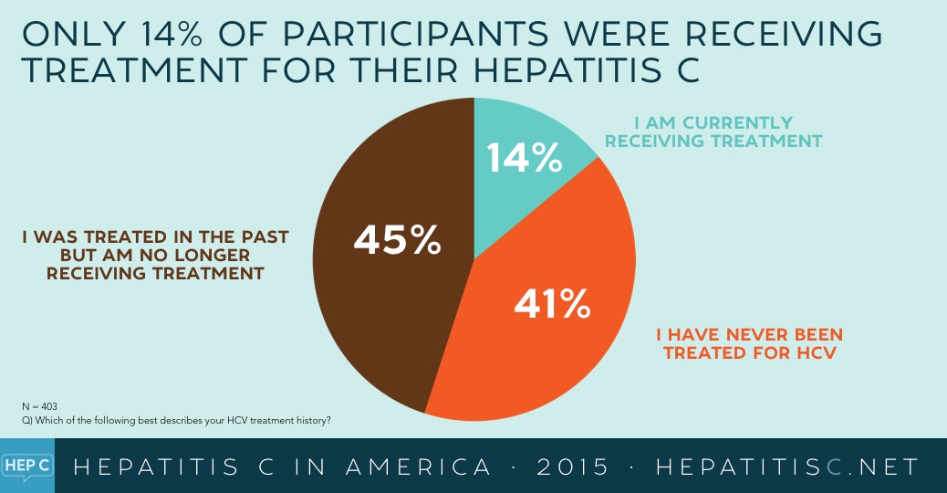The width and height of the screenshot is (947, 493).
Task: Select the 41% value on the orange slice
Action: click(x=552, y=305)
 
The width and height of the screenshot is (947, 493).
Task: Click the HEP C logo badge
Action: click(x=26, y=466)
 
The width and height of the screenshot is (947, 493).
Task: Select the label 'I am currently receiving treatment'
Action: click(x=713, y=131)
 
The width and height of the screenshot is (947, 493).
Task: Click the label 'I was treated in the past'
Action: click(x=155, y=255)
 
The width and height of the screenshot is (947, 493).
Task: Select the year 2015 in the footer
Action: click(x=574, y=467)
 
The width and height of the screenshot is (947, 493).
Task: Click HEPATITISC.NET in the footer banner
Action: click(x=787, y=467)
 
